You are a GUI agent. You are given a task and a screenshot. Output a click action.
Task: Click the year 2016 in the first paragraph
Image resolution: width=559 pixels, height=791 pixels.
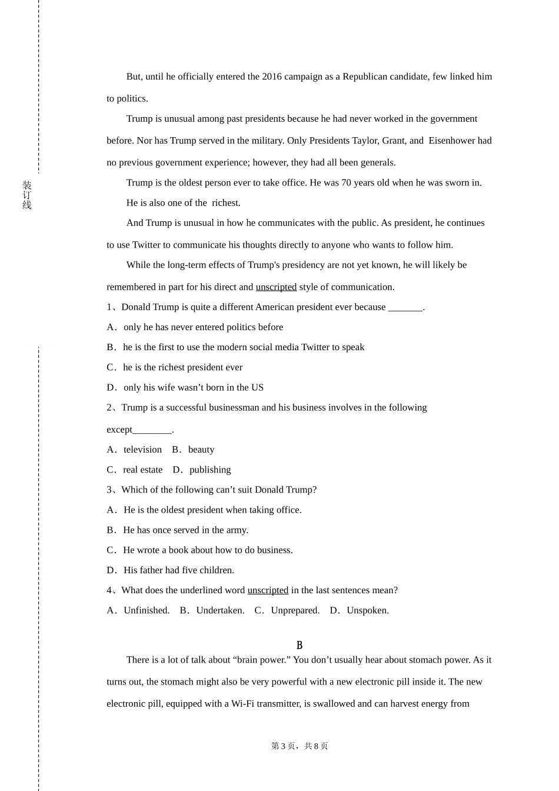(272, 77)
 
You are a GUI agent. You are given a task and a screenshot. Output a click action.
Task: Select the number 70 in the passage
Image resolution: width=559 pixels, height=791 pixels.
(346, 182)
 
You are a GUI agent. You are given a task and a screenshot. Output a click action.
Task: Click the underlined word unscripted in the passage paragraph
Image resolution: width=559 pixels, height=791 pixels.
(276, 287)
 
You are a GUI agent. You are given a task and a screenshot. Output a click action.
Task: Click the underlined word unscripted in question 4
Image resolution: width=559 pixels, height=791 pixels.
(268, 590)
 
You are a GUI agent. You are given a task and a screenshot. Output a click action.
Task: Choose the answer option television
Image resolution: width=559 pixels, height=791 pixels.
(142, 450)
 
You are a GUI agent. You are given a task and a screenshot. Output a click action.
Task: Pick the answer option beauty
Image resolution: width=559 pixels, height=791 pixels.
(201, 450)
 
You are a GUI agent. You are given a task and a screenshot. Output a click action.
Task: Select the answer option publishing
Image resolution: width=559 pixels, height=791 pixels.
(210, 470)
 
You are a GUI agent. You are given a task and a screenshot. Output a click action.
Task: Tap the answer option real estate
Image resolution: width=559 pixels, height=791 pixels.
(142, 470)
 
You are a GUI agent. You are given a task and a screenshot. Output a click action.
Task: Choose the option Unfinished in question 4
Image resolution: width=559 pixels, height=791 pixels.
(147, 610)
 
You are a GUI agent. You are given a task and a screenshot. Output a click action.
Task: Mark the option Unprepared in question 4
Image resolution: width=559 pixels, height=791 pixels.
(295, 610)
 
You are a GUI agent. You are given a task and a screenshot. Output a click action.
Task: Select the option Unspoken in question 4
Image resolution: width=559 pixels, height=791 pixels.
(368, 610)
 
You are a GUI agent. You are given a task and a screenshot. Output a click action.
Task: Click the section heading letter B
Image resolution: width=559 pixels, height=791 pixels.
(300, 646)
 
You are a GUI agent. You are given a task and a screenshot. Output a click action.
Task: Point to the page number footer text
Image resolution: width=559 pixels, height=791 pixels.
(300, 746)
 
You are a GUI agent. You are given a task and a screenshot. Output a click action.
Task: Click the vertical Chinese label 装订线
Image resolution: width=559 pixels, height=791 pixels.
(27, 195)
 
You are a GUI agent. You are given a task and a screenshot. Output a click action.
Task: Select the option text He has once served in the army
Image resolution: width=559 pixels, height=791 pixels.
(185, 530)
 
